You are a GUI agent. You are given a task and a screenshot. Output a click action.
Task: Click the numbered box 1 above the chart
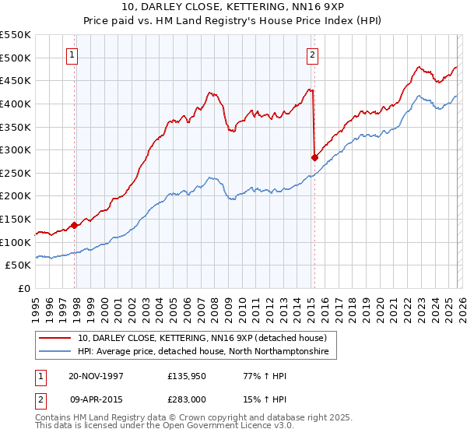(x=72, y=54)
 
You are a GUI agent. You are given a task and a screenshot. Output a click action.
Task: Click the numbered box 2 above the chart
(x=311, y=54)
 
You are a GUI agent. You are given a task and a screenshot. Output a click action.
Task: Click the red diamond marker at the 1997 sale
(x=75, y=225)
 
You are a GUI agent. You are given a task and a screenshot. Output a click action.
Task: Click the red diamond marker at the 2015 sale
(x=314, y=157)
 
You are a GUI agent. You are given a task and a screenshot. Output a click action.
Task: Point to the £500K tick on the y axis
(x=16, y=58)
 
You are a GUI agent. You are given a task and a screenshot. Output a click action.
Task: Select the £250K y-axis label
(x=16, y=173)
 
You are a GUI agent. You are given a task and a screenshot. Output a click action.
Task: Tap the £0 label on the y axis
(x=23, y=288)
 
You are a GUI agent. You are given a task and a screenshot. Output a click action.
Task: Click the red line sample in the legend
(x=55, y=338)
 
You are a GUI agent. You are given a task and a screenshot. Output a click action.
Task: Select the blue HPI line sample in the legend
(x=55, y=352)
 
